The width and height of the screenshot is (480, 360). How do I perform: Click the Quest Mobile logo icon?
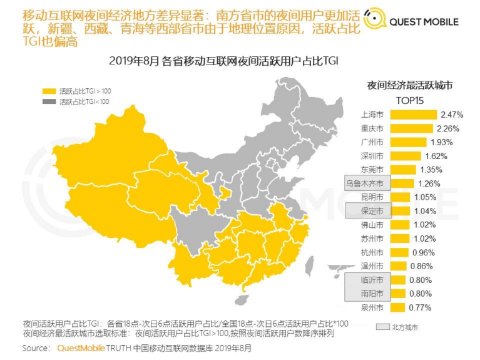(x=374, y=21)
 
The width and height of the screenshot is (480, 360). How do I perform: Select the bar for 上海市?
(x=413, y=115)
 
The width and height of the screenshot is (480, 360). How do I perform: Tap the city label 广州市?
(x=372, y=142)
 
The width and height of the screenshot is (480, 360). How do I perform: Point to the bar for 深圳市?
(x=404, y=156)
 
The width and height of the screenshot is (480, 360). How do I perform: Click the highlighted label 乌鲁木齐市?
(x=368, y=183)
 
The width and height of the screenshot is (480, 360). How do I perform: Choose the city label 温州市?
(x=372, y=266)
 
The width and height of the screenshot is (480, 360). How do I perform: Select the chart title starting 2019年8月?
(x=223, y=60)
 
